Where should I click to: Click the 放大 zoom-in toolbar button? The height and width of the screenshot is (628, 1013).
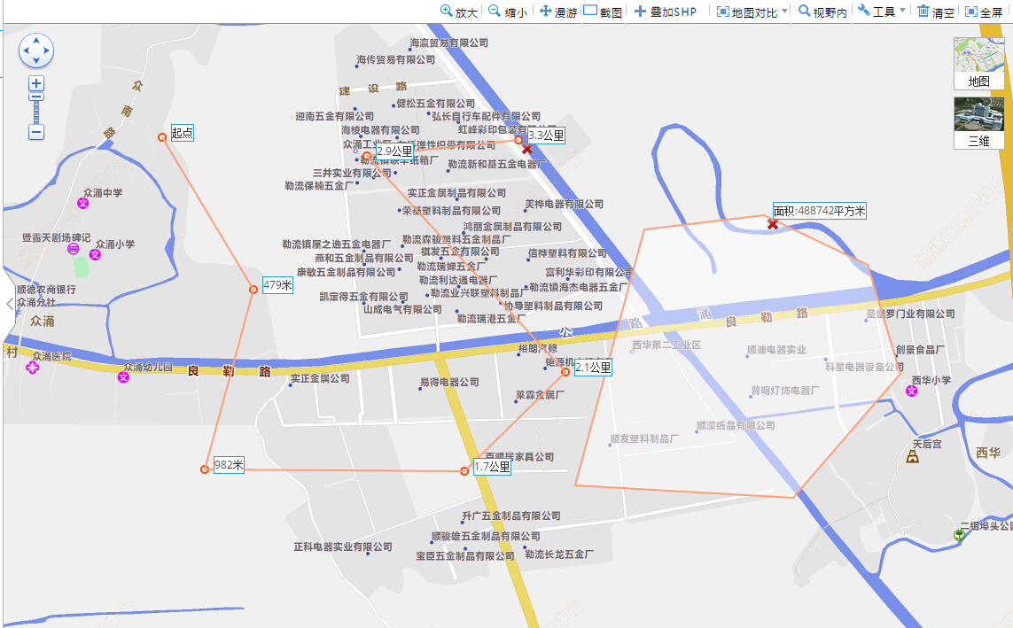coord(459,12)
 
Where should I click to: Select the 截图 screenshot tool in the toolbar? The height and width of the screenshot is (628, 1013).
coord(603,12)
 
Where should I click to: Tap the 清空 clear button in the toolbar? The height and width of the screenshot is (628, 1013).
coord(936,12)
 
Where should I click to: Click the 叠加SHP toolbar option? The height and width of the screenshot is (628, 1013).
coord(666,12)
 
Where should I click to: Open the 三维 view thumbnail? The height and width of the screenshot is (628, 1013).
coord(978,122)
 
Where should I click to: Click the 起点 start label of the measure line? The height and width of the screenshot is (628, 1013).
coord(182,133)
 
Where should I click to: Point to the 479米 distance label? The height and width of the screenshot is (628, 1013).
coord(277,285)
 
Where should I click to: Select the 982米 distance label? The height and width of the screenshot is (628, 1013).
coord(229,464)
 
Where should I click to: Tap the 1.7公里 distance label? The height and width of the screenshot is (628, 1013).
coord(492,467)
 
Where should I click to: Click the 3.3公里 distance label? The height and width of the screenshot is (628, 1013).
coord(546,136)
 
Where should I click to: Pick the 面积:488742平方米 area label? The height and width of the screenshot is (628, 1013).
coord(819,211)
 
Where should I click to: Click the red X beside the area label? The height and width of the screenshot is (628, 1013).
coord(773,225)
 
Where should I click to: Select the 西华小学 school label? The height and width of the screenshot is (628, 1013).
coord(931,380)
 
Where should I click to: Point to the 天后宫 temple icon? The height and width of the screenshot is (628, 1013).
coord(912,457)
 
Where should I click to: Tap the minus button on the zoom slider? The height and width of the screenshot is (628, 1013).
coord(36,132)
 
